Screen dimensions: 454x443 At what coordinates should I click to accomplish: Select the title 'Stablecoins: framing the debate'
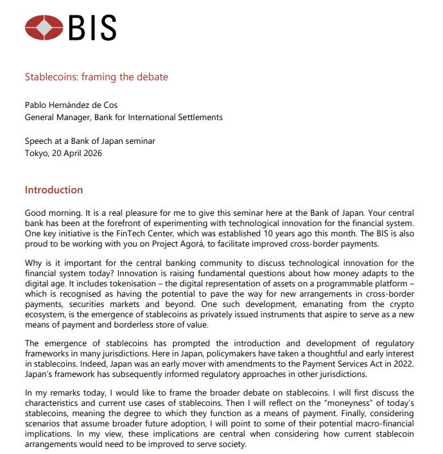(96, 77)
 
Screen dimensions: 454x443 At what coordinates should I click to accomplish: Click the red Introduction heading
(53, 190)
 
